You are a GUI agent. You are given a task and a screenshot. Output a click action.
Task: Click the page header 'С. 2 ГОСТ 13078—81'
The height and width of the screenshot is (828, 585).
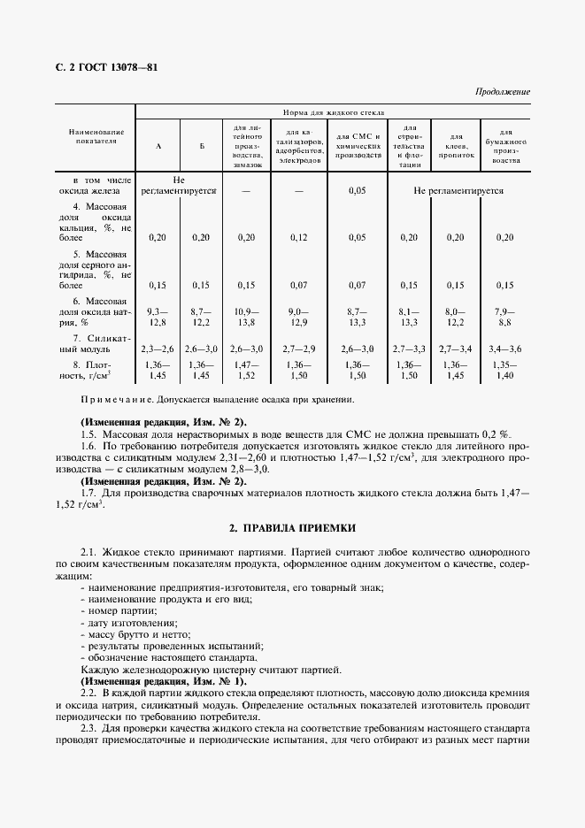pyautogui.click(x=101, y=66)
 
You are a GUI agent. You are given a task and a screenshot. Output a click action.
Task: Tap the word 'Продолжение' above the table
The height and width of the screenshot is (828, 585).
pyautogui.click(x=503, y=91)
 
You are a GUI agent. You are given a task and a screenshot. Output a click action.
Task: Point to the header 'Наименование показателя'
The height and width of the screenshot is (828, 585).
pyautogui.click(x=96, y=135)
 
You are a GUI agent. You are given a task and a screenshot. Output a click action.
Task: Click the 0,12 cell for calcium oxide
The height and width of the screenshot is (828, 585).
pyautogui.click(x=298, y=237)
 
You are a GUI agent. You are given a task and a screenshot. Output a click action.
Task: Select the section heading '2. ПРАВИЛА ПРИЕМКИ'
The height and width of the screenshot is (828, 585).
pyautogui.click(x=292, y=527)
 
